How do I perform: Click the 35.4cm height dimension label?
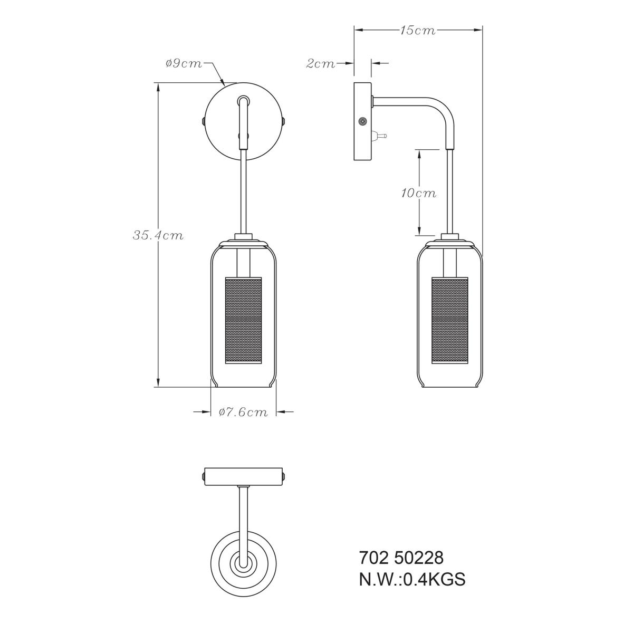158,235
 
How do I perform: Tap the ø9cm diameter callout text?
184,63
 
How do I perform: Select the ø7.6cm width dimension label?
243,412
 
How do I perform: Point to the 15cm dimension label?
417,30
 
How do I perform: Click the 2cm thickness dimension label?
320,63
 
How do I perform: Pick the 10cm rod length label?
418,193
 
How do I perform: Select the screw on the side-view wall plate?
362,121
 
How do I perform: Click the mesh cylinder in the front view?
243,320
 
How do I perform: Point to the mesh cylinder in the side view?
450,320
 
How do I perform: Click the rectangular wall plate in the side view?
362,121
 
